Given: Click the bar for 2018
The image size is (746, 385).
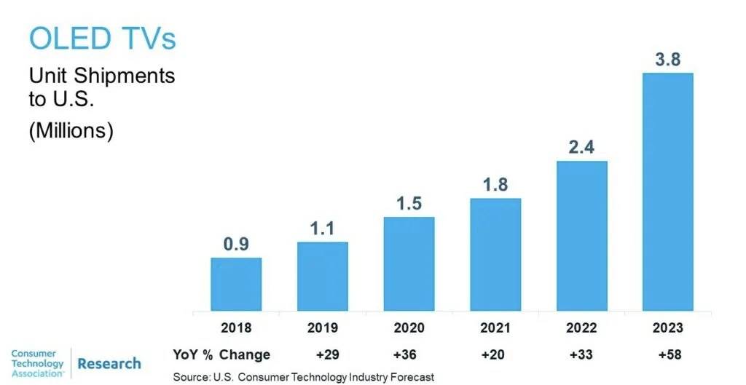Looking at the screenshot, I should (x=236, y=284).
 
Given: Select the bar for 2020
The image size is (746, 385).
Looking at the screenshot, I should (x=409, y=263).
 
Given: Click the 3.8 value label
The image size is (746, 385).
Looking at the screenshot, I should (x=667, y=60).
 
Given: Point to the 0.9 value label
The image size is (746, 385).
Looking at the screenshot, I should (x=236, y=245).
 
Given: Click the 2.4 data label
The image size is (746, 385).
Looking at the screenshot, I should (x=581, y=148).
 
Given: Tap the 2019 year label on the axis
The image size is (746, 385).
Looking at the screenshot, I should (x=323, y=328).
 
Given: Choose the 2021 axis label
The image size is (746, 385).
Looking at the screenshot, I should (x=495, y=328).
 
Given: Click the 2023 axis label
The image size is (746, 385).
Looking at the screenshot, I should (x=667, y=328).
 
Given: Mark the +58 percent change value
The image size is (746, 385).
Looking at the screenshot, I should (x=667, y=354).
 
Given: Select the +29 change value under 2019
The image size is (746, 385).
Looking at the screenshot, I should (x=323, y=354).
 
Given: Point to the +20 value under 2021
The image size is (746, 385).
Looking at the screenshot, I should (x=495, y=354).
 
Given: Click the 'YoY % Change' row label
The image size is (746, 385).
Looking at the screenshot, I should (x=221, y=354).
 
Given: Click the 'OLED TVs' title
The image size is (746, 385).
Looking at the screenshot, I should (x=103, y=38).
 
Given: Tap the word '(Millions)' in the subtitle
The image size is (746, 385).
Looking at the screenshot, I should (x=71, y=132).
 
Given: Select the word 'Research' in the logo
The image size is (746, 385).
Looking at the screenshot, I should (x=109, y=363).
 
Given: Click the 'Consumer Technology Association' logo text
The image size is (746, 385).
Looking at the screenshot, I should (x=38, y=363).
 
